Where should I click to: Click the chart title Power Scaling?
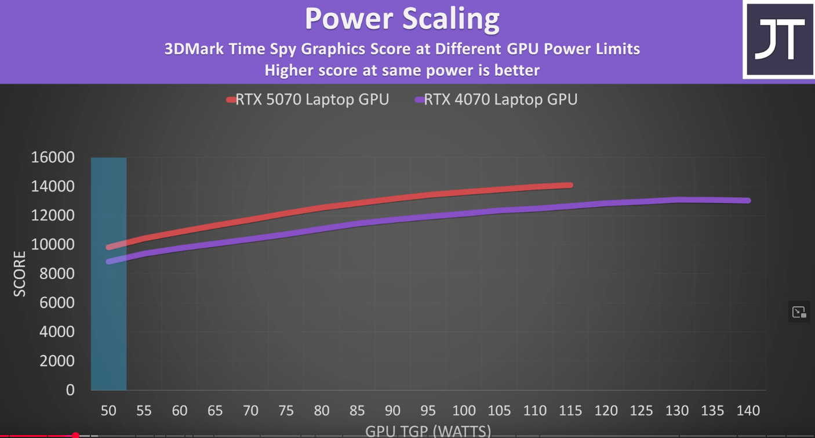coord(402,19)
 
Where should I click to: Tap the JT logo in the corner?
coord(778,39)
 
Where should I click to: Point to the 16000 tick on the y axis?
coord(53,157)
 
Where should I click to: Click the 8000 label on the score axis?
coord(57,274)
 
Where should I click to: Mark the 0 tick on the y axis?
coord(70,390)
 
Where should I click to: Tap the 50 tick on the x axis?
coord(108,411)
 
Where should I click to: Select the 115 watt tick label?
coord(570,411)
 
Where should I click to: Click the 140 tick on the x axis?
coord(748,411)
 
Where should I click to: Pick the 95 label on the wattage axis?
coord(428,411)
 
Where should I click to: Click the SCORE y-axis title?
coord(20,274)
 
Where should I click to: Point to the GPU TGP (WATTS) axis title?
coord(428,431)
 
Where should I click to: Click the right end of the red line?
coord(570,185)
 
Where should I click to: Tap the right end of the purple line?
coord(748,201)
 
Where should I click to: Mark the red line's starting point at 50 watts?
coord(108,247)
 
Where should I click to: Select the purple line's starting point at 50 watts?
coord(108,262)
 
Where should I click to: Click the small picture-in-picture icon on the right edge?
coord(799,312)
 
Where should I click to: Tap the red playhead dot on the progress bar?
coord(75,435)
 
